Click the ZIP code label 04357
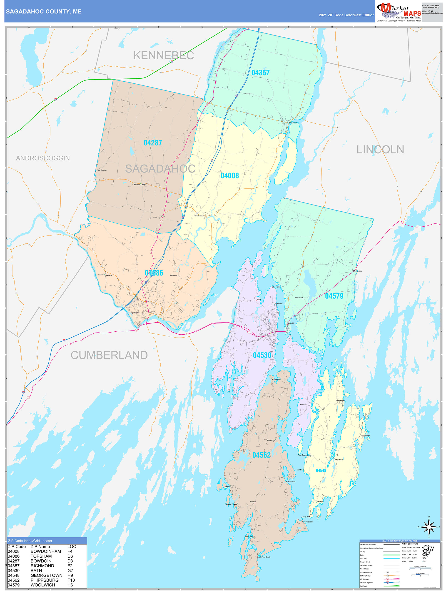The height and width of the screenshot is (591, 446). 260,73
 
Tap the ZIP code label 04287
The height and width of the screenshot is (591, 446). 152,143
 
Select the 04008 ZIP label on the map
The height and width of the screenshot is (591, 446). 229,175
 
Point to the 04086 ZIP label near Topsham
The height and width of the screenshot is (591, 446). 154,273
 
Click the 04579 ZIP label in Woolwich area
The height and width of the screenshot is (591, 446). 334,296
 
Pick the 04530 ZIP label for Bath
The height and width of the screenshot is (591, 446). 262,355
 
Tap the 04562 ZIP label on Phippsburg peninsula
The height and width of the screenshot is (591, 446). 261,455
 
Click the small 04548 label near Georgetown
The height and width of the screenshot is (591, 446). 321,471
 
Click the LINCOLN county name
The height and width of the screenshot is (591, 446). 380,150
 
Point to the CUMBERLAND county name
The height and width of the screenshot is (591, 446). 109,355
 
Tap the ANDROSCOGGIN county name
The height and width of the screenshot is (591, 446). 43,158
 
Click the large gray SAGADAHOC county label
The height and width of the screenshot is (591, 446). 160,169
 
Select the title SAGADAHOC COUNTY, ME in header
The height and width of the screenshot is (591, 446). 44,12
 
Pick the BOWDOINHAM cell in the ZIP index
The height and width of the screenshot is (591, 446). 46,551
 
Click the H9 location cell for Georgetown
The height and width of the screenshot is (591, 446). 70,575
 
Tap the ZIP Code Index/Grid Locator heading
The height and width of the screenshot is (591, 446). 30,541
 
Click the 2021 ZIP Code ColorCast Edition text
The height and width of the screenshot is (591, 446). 346,15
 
